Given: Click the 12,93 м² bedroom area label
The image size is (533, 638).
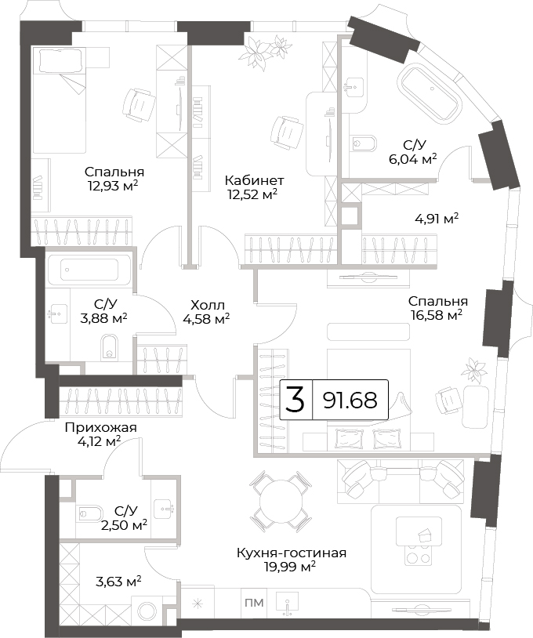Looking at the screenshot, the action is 112,186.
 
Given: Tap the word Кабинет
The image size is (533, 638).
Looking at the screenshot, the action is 254,180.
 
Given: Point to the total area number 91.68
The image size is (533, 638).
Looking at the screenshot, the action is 350,401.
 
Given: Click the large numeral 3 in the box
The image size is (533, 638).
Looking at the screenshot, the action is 296,400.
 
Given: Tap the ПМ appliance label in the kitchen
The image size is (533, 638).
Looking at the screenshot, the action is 254,603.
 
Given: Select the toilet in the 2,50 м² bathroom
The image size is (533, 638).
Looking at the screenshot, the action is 90,514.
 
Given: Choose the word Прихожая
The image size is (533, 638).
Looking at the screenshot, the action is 101,428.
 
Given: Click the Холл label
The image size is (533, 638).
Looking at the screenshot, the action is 208,305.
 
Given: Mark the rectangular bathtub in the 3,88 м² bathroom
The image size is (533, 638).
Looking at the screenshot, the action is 89,270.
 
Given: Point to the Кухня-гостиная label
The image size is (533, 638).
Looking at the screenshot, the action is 292,553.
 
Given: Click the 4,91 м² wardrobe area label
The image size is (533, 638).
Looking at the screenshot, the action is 437,219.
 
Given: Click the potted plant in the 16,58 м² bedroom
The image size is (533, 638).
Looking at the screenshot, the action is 474,371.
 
